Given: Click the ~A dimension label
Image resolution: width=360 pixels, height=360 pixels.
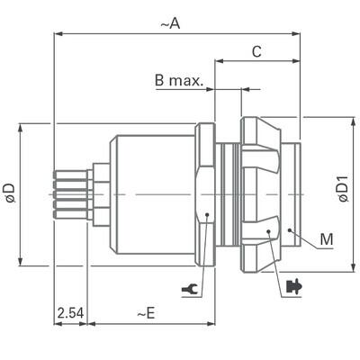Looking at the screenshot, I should coord(170,24).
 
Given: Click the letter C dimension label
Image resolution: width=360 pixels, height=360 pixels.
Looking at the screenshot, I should coord(256,52).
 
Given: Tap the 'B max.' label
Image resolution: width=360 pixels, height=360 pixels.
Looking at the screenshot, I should coord(179,81).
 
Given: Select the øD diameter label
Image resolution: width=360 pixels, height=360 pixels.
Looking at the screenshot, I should coord(9,191).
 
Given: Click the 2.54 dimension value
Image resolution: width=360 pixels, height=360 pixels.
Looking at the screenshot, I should coord(69,313).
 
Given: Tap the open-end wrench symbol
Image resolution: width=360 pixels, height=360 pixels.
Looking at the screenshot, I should coord(191,289).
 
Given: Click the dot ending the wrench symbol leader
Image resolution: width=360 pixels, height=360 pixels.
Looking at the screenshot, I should coord(207,214).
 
